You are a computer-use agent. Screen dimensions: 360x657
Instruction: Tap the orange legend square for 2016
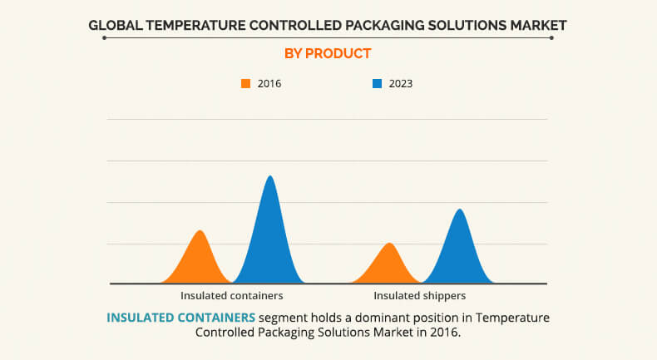click(x=245, y=83)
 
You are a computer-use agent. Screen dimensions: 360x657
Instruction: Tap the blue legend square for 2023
click(x=377, y=83)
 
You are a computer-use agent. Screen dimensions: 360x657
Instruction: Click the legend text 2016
click(x=269, y=83)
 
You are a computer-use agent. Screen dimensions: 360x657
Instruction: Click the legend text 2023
click(x=401, y=83)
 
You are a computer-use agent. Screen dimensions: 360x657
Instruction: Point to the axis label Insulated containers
click(x=232, y=295)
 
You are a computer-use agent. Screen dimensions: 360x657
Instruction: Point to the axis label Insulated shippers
click(x=419, y=295)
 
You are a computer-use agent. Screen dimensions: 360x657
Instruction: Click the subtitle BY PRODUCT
click(x=328, y=54)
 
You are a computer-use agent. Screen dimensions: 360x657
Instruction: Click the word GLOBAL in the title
click(x=117, y=26)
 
